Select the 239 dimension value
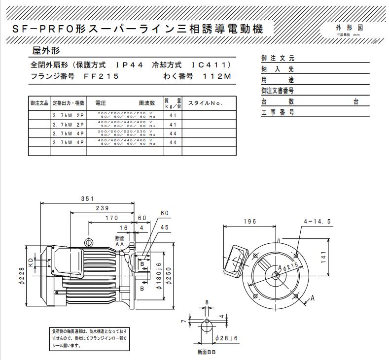[103, 208]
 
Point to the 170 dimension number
[112, 218]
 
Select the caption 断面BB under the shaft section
[206, 352]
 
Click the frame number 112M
[216, 76]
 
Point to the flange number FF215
[101, 76]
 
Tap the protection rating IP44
[129, 65]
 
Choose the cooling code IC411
[212, 65]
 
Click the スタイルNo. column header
[206, 103]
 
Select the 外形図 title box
[349, 28]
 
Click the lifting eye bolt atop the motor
[89, 242]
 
